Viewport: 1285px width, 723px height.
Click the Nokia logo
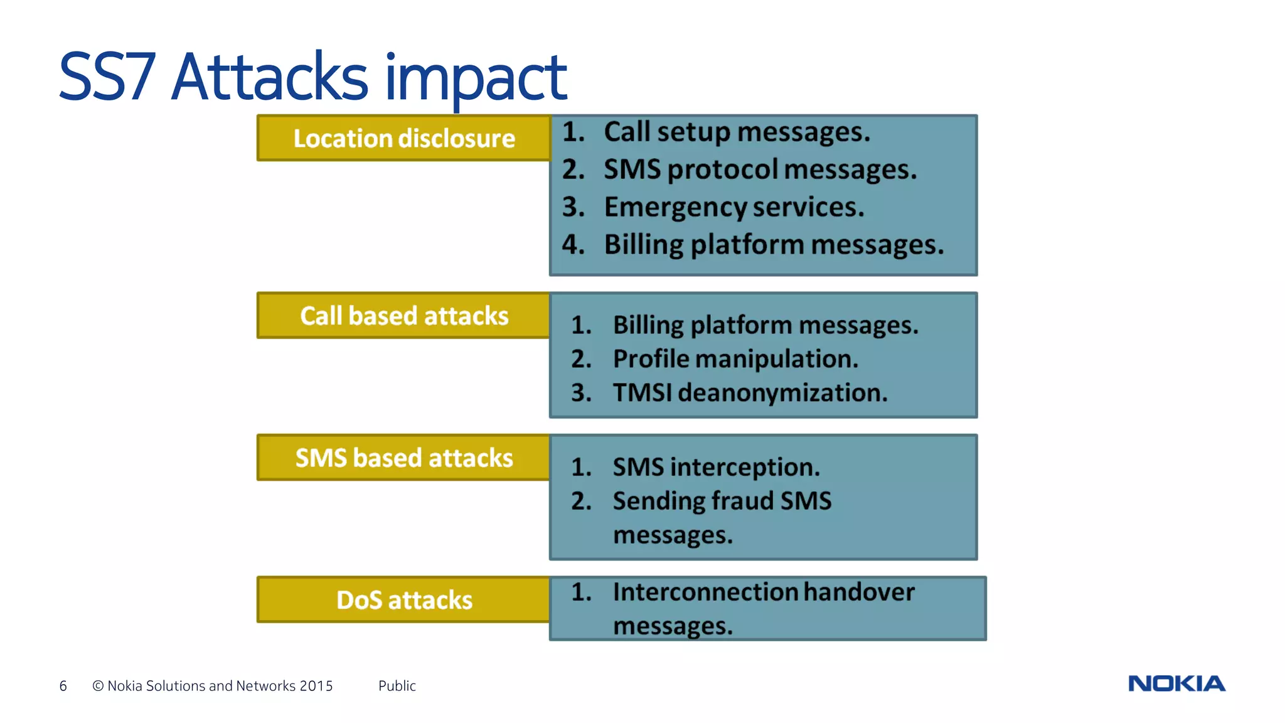coord(1176,683)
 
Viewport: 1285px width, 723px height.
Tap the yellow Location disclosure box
coord(404,138)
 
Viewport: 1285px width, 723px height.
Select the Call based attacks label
coord(404,316)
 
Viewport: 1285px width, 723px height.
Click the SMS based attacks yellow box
coord(404,458)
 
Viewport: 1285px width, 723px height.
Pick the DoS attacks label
coord(404,600)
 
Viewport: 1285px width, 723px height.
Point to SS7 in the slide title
coord(107,78)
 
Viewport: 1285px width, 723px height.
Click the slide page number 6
coord(63,686)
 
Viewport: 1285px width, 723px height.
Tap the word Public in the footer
coord(397,686)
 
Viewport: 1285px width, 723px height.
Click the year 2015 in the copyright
coord(316,686)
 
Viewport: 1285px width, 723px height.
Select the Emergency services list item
coord(733,207)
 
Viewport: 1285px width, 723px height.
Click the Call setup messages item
coord(737,132)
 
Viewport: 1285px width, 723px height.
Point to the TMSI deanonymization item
coord(750,393)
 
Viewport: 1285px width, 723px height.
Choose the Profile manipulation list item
coord(735,359)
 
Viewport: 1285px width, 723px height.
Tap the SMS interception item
coord(716,468)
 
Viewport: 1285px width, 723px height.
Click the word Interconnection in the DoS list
coord(705,592)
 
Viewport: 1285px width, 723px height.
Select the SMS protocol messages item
coord(760,170)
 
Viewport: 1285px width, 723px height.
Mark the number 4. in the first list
coord(573,245)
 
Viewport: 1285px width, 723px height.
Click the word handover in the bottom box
coord(858,592)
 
